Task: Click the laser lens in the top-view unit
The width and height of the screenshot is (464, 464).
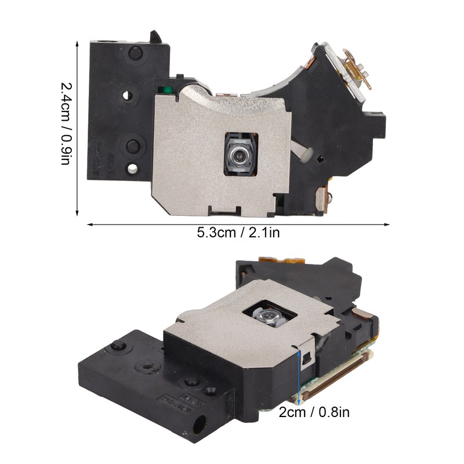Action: tap(238, 154)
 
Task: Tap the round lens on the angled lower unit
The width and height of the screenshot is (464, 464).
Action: tap(269, 316)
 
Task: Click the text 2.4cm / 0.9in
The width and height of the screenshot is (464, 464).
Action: tap(66, 123)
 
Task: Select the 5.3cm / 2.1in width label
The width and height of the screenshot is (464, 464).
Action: tap(238, 233)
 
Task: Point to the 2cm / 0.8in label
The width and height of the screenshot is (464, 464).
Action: tap(314, 412)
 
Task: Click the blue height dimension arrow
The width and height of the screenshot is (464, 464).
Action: tap(299, 378)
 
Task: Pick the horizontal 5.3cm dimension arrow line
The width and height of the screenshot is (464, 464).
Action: tap(238, 224)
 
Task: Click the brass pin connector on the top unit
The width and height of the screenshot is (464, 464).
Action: tap(357, 68)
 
